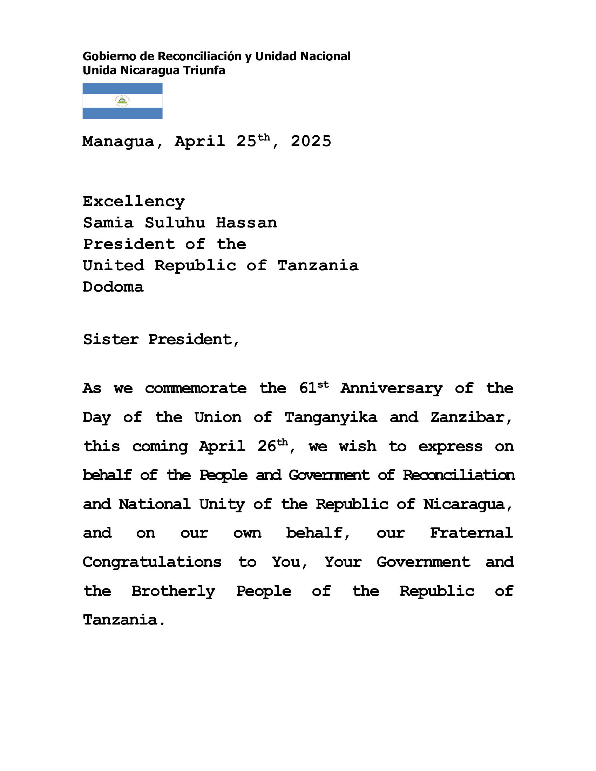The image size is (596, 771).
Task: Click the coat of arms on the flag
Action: click(x=122, y=101)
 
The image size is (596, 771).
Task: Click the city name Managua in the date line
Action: click(x=118, y=142)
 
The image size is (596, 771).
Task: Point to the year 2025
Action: click(x=311, y=142)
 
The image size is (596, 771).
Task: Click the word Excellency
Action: click(x=134, y=202)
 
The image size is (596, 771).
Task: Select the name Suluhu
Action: click(x=175, y=223)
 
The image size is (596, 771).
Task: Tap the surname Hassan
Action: click(x=246, y=223)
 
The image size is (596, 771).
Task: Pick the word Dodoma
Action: click(x=113, y=287)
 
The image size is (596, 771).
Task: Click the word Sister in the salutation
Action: click(x=110, y=340)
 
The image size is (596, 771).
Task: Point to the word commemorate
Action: click(x=196, y=389)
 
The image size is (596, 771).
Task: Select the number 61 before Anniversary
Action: click(x=307, y=389)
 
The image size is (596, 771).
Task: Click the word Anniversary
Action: click(x=391, y=389)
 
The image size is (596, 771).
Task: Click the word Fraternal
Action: click(x=471, y=533)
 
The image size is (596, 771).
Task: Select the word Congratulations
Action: click(x=152, y=562)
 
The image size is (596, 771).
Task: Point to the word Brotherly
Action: click(x=173, y=591)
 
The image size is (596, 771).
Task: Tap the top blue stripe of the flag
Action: click(x=122, y=88)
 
